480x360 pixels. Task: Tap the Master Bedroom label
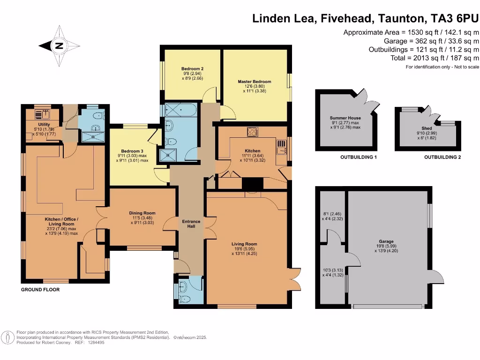click(x=254, y=82)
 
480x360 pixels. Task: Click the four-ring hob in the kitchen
click(x=252, y=132)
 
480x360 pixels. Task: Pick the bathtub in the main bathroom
click(x=180, y=111)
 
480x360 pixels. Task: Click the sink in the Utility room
click(x=45, y=114)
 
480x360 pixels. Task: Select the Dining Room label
click(x=142, y=213)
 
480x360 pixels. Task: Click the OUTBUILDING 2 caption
click(x=442, y=157)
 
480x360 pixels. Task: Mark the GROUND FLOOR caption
click(x=40, y=290)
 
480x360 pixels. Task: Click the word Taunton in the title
click(x=403, y=19)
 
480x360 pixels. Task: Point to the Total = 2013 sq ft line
click(x=435, y=58)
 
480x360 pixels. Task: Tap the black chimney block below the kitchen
click(x=253, y=186)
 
